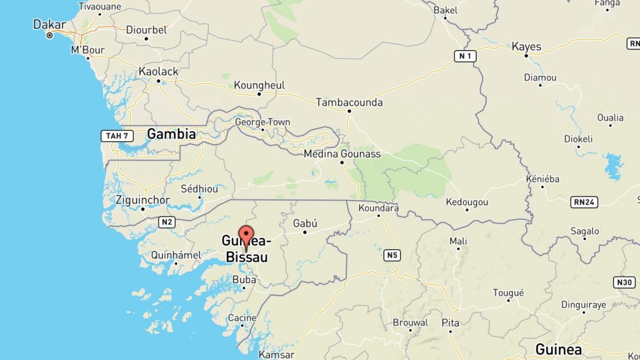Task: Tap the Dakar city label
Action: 49,25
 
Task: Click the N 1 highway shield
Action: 464,56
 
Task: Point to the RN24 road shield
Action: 584,201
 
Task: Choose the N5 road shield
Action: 392,255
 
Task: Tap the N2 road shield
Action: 166,222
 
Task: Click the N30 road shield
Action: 625,282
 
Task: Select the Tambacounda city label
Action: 349,102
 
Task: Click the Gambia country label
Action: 171,134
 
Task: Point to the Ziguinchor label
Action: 142,200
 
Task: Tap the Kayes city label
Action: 526,47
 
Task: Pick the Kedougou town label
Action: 467,202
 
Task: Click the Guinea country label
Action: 559,349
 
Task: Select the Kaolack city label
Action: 158,71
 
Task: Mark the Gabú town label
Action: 305,223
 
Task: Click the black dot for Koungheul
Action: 259,94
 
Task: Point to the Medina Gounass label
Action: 342,153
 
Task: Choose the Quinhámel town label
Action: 176,255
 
